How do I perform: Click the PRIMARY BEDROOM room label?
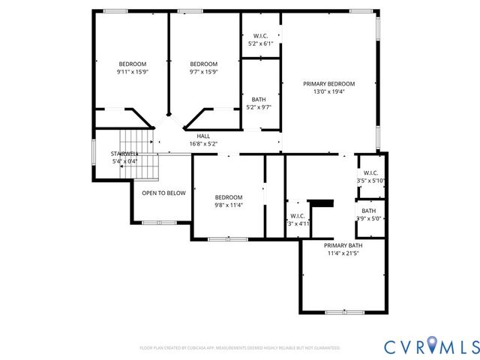[328, 83]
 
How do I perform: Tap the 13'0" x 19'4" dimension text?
[328, 91]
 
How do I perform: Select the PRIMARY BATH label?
[343, 245]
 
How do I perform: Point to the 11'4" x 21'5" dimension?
[343, 253]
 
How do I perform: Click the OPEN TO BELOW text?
[163, 193]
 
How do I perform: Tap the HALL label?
[203, 136]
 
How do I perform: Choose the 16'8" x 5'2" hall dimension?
[203, 144]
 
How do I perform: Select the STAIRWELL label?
[125, 153]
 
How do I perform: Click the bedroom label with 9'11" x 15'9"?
[132, 64]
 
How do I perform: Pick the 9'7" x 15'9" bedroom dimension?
[203, 72]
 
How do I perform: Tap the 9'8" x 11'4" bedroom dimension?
[229, 205]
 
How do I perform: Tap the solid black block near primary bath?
[321, 202]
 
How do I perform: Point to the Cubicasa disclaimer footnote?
[240, 348]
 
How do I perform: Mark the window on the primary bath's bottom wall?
[346, 312]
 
